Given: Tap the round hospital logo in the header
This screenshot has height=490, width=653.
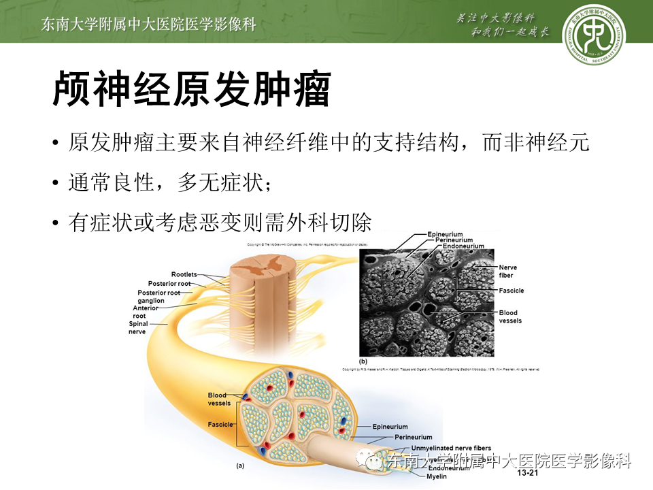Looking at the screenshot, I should point(594,33).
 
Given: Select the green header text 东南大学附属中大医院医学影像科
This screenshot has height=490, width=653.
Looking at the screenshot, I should point(149,24).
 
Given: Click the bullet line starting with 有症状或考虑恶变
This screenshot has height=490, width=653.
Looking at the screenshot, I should point(220,222).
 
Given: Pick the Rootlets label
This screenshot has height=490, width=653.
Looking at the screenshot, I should point(184,274).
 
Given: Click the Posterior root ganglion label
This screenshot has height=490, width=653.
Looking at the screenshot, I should point(159,297).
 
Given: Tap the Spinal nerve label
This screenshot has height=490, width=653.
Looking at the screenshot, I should point(138,327).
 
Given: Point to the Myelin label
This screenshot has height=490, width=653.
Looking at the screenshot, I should point(437,476).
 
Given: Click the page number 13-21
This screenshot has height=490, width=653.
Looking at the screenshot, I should point(528,472).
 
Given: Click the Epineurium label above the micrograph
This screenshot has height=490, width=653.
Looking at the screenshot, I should point(446,235).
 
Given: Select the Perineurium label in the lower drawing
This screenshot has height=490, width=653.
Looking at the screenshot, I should point(413,437).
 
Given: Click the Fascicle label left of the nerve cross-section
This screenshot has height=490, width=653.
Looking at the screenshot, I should point(220,425).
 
